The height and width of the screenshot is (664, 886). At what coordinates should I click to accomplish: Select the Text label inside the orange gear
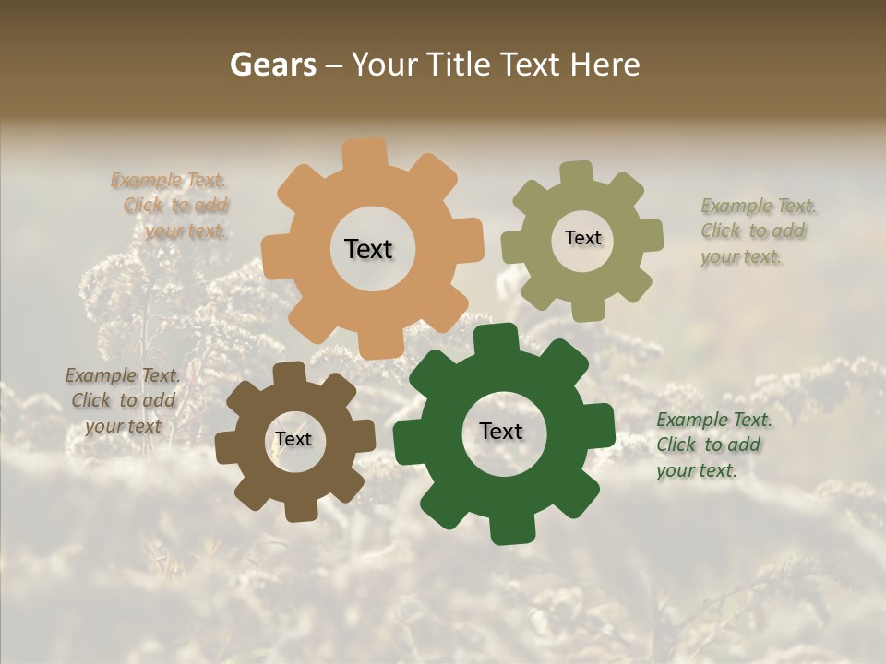pyautogui.click(x=368, y=249)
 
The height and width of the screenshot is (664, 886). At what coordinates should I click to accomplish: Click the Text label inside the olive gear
pyautogui.click(x=582, y=238)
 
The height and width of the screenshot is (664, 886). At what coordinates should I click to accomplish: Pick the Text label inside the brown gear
pyautogui.click(x=293, y=439)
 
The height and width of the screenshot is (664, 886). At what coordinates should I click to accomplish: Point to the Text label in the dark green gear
pyautogui.click(x=501, y=431)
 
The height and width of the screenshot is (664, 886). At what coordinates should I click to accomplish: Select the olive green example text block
pyautogui.click(x=757, y=231)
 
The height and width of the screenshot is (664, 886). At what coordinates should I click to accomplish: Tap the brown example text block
pyautogui.click(x=122, y=400)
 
